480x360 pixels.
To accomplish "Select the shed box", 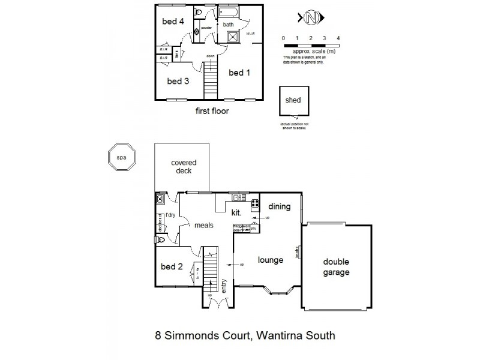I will point(293,104).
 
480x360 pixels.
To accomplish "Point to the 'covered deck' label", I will point(184,167).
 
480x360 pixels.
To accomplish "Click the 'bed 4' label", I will point(173,22).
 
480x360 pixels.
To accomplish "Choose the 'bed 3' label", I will point(178,81).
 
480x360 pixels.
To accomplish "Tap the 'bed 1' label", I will point(239,73).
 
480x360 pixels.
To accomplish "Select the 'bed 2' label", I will point(172,266).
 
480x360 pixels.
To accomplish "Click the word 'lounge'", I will point(270,260).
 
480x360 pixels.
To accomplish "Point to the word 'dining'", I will point(279,207).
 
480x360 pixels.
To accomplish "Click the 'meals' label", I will point(205,226).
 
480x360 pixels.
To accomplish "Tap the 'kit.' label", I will point(236,212).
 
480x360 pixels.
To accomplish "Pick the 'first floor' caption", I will point(212,111).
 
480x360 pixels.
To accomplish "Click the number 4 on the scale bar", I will point(338,38).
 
